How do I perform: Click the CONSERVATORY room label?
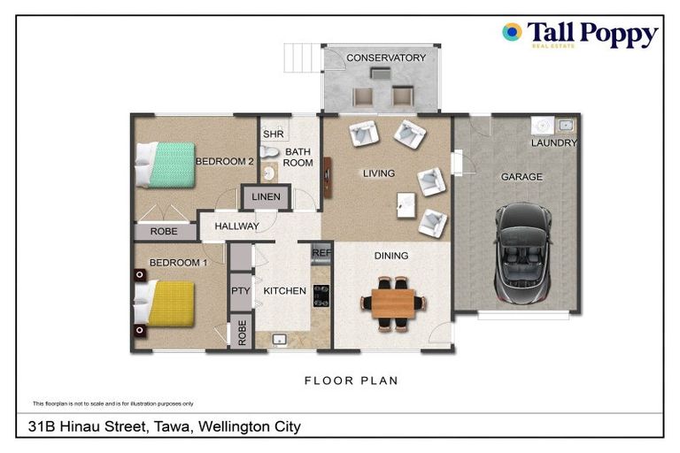click(x=385, y=58)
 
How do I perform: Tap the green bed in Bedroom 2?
click(x=164, y=165)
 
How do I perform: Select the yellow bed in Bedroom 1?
click(x=164, y=303)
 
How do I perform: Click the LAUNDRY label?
click(x=554, y=142)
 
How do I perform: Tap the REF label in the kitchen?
click(x=321, y=253)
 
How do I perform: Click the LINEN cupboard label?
click(x=266, y=196)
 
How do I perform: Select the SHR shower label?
click(x=273, y=134)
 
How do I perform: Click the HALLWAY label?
click(x=236, y=226)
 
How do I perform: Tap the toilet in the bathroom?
click(x=270, y=173)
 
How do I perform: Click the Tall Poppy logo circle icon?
click(x=512, y=33)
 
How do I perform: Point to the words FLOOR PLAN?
click(x=351, y=381)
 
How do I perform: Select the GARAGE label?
click(x=522, y=177)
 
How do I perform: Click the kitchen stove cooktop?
click(x=321, y=294)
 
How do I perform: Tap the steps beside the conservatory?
click(x=298, y=59)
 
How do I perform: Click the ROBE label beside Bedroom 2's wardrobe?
click(x=164, y=232)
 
